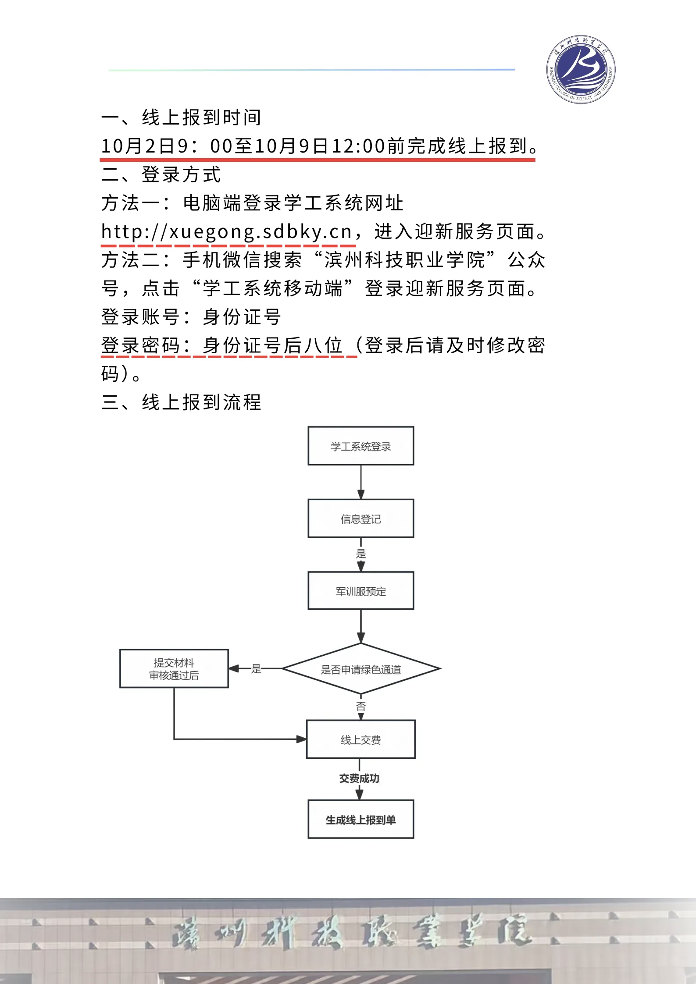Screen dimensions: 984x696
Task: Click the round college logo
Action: point(581,70)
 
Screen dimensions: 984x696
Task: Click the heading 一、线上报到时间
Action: point(181,117)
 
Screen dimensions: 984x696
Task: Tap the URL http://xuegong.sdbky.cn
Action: point(226,231)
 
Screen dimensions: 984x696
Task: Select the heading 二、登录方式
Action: point(161,174)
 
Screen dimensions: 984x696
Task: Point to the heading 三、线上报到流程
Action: point(181,402)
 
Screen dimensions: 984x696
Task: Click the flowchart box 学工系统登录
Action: point(360,446)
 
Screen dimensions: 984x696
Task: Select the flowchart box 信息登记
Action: point(360,519)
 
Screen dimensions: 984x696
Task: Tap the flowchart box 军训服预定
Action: point(360,591)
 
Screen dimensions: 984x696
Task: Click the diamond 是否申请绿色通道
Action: point(360,669)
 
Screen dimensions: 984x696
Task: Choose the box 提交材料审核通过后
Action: point(174,668)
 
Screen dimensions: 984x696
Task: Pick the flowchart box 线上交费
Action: point(360,739)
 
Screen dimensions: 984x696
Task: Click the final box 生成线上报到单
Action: point(360,820)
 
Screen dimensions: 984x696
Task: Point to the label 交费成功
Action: point(359,778)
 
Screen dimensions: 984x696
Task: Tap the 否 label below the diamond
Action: point(360,706)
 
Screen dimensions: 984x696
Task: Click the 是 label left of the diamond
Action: point(256,669)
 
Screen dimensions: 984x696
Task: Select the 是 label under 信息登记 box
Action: point(360,554)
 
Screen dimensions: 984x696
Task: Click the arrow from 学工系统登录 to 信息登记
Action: point(360,482)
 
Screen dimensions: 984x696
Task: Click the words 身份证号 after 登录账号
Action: point(242,317)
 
